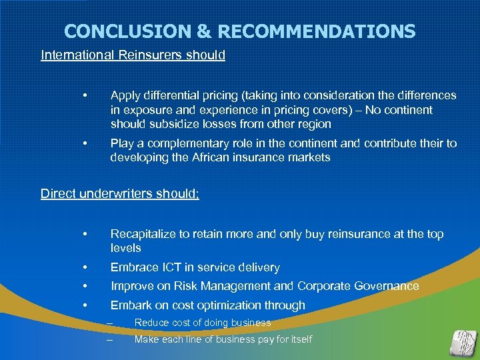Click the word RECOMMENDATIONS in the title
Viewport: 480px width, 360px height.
click(x=317, y=31)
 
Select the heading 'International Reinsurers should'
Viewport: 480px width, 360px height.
click(x=133, y=55)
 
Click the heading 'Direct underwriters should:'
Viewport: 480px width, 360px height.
click(x=120, y=193)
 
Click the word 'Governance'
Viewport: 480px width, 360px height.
click(x=386, y=286)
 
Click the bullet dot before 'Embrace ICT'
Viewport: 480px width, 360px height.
click(x=85, y=267)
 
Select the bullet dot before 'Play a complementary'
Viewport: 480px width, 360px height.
click(x=85, y=143)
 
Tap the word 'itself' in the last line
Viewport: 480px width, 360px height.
click(x=298, y=339)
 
